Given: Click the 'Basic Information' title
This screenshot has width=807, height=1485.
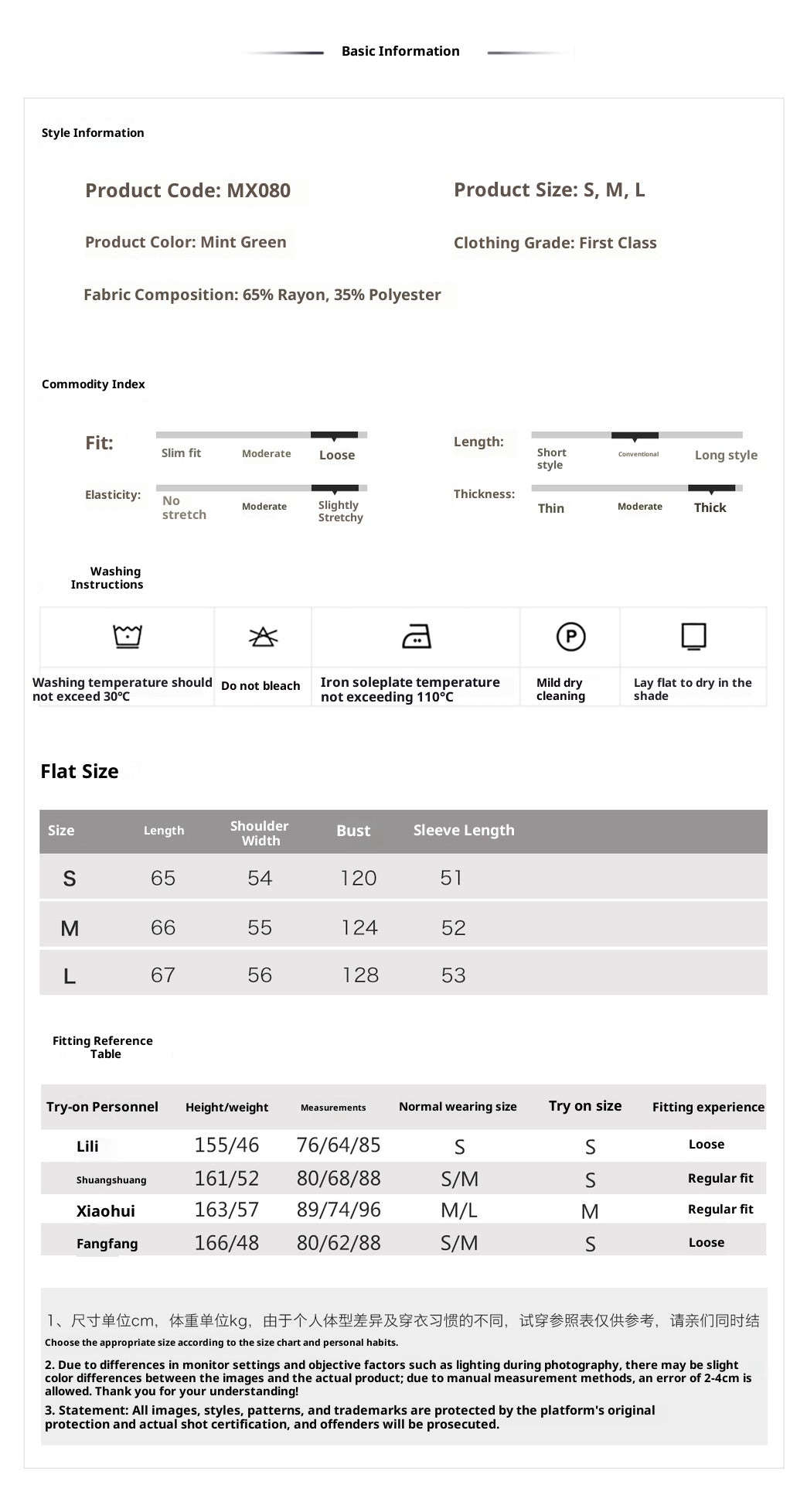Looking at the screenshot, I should click(400, 51).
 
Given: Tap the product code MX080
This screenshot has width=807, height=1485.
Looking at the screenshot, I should click(258, 190).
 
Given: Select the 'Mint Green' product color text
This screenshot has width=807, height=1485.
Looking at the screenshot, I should click(243, 242).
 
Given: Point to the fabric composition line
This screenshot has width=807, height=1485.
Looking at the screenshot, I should click(262, 295).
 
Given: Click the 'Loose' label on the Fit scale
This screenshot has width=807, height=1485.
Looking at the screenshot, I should click(337, 455).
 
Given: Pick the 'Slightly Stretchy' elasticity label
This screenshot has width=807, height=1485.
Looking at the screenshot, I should click(340, 511).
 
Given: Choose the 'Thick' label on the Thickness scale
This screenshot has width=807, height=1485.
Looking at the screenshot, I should click(710, 507).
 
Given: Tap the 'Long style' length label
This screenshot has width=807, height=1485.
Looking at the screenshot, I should click(726, 455).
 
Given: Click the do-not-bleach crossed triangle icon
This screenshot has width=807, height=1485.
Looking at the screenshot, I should click(263, 637).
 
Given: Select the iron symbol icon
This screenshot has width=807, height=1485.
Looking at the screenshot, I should click(417, 637).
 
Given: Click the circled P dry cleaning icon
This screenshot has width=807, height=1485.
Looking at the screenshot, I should click(570, 637).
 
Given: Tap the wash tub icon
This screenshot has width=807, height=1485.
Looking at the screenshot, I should click(128, 637).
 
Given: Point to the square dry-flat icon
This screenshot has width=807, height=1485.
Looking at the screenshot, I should click(693, 637).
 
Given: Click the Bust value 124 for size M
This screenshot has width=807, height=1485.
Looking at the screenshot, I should click(359, 927).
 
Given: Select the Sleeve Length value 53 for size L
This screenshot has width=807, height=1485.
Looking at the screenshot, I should click(453, 975).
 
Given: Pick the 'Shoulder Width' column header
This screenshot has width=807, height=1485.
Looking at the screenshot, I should click(260, 833).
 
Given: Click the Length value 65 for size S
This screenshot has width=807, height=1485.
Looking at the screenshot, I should click(163, 878).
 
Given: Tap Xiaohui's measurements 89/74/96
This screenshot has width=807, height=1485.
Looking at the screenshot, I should click(339, 1210).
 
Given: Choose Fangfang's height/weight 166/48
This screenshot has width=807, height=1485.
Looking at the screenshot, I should click(226, 1243).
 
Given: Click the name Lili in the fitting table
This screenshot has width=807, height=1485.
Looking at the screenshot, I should click(87, 1146).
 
